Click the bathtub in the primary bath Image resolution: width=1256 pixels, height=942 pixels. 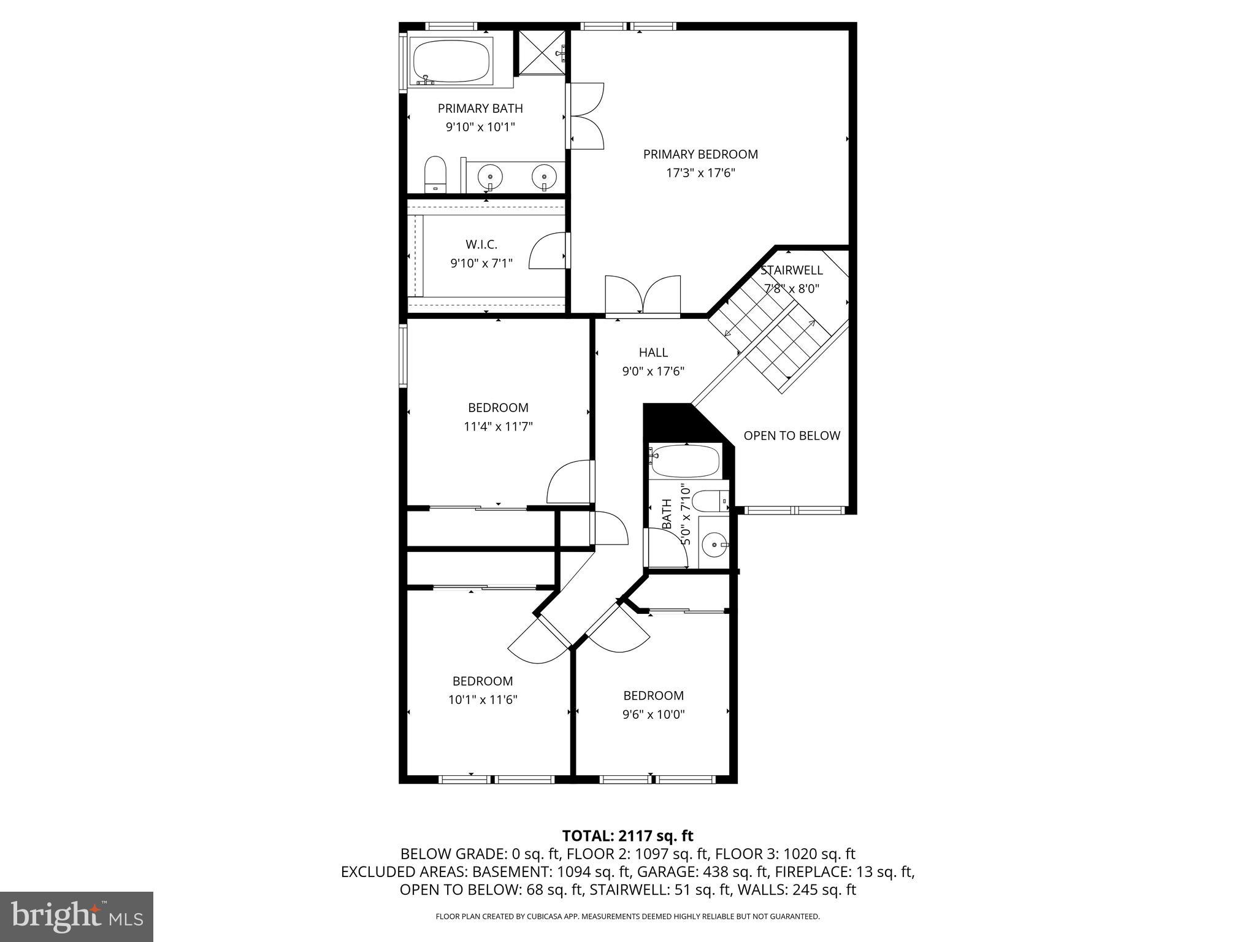451,61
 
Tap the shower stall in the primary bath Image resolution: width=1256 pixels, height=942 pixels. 542,53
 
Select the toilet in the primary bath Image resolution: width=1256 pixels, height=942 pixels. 435,174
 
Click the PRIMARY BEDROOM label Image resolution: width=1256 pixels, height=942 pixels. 700,155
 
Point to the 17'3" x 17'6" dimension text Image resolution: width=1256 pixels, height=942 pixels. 700,174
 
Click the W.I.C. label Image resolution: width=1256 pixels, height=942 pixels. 481,245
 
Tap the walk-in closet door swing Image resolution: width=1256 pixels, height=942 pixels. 548,251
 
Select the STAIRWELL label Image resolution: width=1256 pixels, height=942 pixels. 791,270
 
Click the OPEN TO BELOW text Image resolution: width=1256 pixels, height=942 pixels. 791,436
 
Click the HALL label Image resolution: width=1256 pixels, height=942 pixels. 653,353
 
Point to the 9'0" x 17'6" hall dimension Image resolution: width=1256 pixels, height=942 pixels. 653,371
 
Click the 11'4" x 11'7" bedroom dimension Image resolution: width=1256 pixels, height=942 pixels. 498,427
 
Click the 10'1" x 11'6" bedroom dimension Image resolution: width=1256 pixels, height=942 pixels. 483,700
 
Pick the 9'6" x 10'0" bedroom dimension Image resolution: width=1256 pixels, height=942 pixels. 653,714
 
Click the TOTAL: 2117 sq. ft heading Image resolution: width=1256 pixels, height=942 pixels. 627,836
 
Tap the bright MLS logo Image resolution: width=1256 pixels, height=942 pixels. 77,917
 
